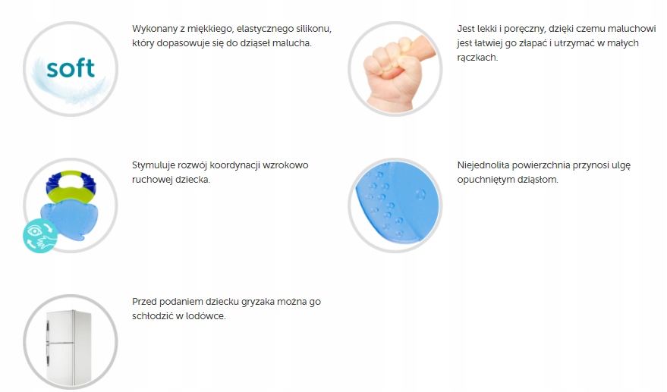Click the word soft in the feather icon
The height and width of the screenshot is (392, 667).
(70, 68)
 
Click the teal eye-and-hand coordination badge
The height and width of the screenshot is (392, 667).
(40, 236)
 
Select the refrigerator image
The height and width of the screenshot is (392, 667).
(68, 347)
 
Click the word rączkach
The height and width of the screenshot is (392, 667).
(477, 58)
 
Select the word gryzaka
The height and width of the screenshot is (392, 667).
(258, 302)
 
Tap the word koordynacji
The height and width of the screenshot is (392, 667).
(234, 165)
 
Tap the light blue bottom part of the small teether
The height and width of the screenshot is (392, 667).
(69, 220)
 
